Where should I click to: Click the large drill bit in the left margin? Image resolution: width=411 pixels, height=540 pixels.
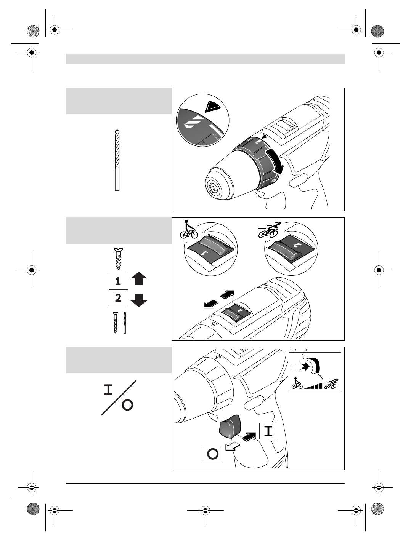coord(117,160)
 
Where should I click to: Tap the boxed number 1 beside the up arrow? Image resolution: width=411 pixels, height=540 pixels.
coord(118,281)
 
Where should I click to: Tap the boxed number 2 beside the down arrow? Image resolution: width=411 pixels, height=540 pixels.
coord(118,298)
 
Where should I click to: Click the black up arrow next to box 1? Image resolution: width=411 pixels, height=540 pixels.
coord(139,279)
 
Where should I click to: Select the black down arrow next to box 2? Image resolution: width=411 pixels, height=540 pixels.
coord(139,300)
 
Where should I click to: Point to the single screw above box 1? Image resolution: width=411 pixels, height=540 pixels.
coord(118,259)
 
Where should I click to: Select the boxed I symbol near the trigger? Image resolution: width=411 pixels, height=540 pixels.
coord(268,431)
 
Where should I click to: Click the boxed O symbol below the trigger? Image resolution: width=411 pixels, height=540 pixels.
coord(213,454)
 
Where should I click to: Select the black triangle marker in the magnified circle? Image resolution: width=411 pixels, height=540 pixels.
coord(213,107)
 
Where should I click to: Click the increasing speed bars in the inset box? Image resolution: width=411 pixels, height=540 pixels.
coord(313,385)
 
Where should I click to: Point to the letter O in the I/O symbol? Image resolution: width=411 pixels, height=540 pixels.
coord(127,405)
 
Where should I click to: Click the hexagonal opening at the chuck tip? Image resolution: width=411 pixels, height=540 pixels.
coord(212,187)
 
